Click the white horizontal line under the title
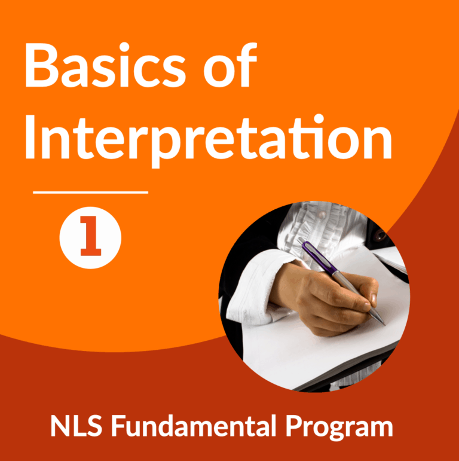click(x=90, y=193)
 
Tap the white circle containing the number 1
click(x=90, y=237)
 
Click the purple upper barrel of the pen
click(x=320, y=257)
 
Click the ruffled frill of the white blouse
click(x=299, y=221)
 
